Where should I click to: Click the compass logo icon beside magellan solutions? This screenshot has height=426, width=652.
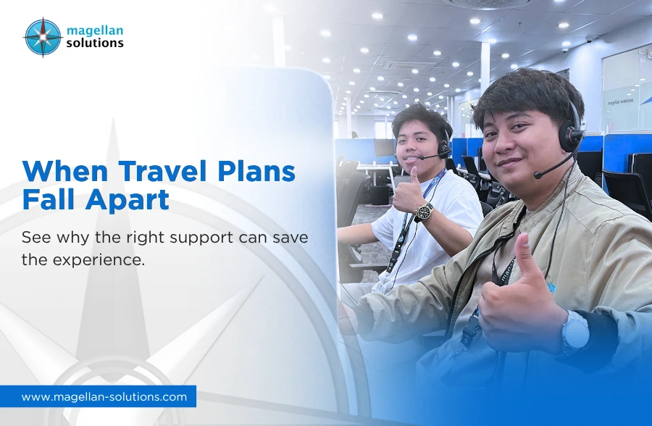[x=43, y=38]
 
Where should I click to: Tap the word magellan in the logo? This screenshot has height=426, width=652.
[x=95, y=30]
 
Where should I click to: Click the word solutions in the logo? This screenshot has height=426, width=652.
[x=95, y=43]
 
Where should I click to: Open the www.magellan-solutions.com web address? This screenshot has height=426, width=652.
[x=104, y=397]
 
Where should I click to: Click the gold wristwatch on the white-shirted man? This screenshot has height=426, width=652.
[x=423, y=211]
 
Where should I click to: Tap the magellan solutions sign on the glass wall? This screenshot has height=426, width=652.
[x=620, y=101]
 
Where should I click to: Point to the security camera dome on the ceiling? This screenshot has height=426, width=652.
[x=588, y=40]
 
